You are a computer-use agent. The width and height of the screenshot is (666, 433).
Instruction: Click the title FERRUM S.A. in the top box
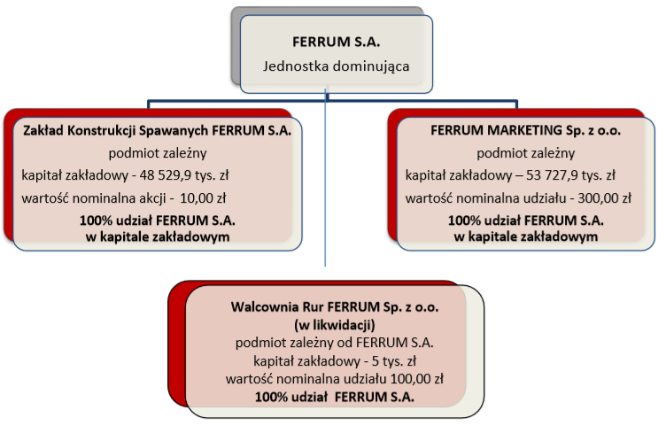point(336,42)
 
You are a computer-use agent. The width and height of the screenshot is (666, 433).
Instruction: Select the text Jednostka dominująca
point(336,66)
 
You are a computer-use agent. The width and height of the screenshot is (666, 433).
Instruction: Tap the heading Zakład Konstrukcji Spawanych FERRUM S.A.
point(157,130)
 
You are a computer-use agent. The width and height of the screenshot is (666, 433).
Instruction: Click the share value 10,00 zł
point(203,197)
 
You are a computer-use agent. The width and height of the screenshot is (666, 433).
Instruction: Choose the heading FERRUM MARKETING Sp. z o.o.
point(525,130)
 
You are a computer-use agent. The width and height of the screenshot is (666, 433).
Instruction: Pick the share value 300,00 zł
point(604,197)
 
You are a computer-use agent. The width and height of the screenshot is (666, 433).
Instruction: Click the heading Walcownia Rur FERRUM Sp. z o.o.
point(335,306)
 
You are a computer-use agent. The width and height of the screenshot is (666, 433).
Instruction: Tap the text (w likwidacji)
point(335,325)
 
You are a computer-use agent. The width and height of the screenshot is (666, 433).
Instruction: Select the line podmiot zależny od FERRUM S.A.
point(335,343)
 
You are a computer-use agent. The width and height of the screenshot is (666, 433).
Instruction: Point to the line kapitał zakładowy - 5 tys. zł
point(335,361)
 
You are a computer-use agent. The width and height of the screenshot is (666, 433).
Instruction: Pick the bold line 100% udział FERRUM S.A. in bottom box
point(335,397)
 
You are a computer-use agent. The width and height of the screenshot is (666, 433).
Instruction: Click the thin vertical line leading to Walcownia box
point(325,177)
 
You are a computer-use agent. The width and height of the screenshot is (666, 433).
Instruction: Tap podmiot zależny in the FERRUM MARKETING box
point(525,153)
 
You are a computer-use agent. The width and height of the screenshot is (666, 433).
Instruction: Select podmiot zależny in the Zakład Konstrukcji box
point(157,153)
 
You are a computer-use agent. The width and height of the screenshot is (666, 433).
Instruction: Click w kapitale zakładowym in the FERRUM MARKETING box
point(525,236)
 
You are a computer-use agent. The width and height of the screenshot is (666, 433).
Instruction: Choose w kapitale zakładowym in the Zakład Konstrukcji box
point(157,236)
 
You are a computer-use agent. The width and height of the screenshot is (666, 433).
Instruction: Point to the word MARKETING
point(524,130)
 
